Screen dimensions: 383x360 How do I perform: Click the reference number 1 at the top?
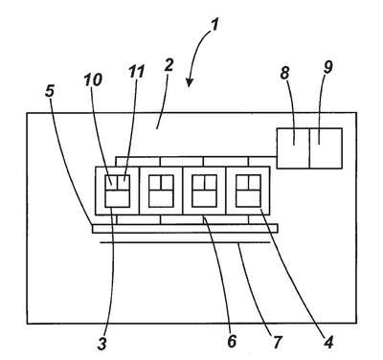click(215, 25)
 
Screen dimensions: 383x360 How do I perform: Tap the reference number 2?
click(169, 65)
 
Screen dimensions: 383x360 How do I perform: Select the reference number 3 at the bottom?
click(102, 344)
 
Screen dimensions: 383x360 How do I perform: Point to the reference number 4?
click(328, 342)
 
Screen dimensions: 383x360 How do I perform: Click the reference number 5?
click(50, 91)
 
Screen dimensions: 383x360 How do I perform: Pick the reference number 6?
click(232, 341)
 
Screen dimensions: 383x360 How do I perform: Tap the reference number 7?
click(277, 342)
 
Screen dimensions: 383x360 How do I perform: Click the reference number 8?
click(284, 73)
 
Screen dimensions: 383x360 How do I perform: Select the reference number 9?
click(327, 67)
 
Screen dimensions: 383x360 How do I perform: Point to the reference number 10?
click(93, 79)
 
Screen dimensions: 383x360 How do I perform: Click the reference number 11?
click(136, 71)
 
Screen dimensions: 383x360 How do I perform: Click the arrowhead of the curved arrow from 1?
click(190, 83)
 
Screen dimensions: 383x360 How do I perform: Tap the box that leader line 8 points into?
click(293, 148)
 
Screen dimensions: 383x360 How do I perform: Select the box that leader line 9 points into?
click(326, 148)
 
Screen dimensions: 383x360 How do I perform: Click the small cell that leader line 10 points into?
click(111, 182)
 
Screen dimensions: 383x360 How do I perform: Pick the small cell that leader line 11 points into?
click(124, 182)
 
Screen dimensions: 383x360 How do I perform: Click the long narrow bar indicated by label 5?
click(185, 229)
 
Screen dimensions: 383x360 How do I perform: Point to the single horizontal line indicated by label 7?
click(185, 242)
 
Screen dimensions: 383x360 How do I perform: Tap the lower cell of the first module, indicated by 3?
click(117, 198)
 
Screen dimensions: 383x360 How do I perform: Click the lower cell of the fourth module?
click(248, 198)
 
